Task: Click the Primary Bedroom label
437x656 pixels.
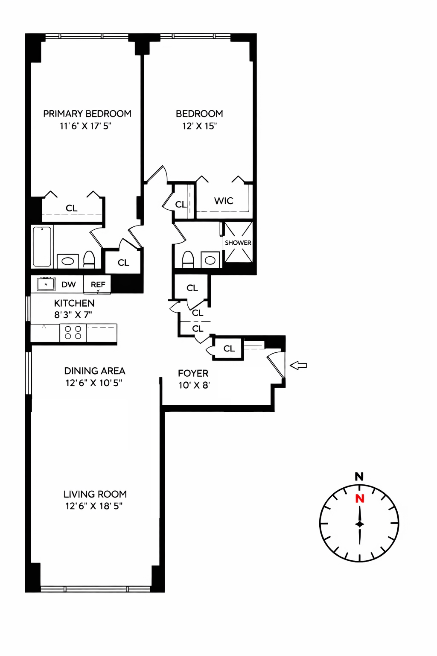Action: click(87, 114)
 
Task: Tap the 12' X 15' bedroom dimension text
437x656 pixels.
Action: click(199, 126)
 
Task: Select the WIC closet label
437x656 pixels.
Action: click(224, 201)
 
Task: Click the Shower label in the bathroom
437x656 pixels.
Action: click(238, 243)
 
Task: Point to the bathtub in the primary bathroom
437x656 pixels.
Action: click(42, 246)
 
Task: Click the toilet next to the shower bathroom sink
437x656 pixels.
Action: click(188, 259)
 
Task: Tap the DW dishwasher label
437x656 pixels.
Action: click(69, 284)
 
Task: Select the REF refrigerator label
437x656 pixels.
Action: click(98, 284)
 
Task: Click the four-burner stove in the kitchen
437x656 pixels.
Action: click(73, 333)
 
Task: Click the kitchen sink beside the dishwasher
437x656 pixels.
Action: click(46, 284)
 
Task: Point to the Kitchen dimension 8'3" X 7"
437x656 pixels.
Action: click(73, 315)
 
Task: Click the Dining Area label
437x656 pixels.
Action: click(95, 371)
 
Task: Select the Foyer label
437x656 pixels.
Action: click(193, 373)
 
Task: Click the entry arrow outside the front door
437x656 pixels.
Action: click(298, 365)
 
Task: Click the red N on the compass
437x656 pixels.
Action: click(360, 498)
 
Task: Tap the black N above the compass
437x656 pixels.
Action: click(359, 477)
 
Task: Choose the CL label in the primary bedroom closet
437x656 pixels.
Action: click(72, 208)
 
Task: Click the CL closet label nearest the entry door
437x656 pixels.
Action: click(229, 348)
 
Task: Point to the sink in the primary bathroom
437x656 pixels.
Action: click(68, 261)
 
